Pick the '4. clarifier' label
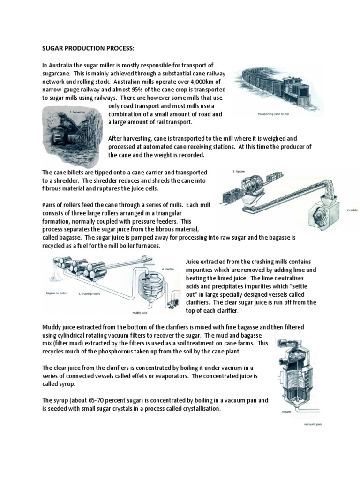tap(169, 269)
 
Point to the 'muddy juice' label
tap(137, 311)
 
